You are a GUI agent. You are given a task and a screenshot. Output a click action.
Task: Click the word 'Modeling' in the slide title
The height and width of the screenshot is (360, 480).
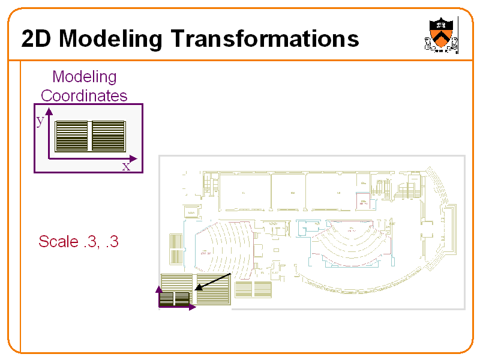click(x=110, y=39)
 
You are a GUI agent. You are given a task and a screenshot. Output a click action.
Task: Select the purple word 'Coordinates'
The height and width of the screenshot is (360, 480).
click(x=84, y=95)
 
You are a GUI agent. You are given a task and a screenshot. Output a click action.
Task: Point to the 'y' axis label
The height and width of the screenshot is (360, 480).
click(x=40, y=121)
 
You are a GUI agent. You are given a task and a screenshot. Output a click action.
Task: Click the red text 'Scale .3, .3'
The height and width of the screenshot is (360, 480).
click(x=79, y=242)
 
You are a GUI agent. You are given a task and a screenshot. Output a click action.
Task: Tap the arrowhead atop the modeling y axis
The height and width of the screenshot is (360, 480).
click(x=49, y=112)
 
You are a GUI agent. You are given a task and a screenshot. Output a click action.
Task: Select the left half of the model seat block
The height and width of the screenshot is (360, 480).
click(x=72, y=136)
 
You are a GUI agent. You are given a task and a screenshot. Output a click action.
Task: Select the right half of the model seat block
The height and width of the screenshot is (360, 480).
click(x=108, y=136)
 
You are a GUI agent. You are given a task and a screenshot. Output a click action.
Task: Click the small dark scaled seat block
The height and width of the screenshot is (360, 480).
click(x=175, y=298)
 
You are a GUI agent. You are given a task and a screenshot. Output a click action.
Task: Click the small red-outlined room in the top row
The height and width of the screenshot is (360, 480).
click(x=363, y=201)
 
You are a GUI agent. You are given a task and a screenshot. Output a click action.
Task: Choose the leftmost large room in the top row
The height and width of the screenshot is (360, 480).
click(x=244, y=192)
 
